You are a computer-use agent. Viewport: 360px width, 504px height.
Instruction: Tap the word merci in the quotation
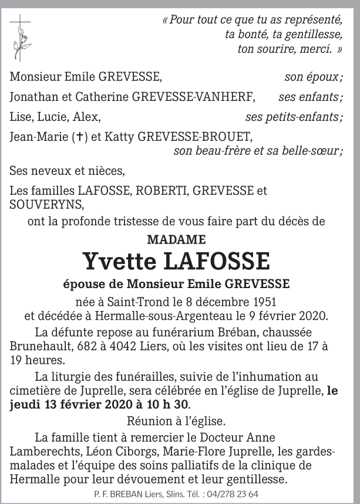314,49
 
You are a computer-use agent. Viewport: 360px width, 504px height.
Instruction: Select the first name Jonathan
33,97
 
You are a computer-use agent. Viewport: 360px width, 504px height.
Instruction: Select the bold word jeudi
28,405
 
